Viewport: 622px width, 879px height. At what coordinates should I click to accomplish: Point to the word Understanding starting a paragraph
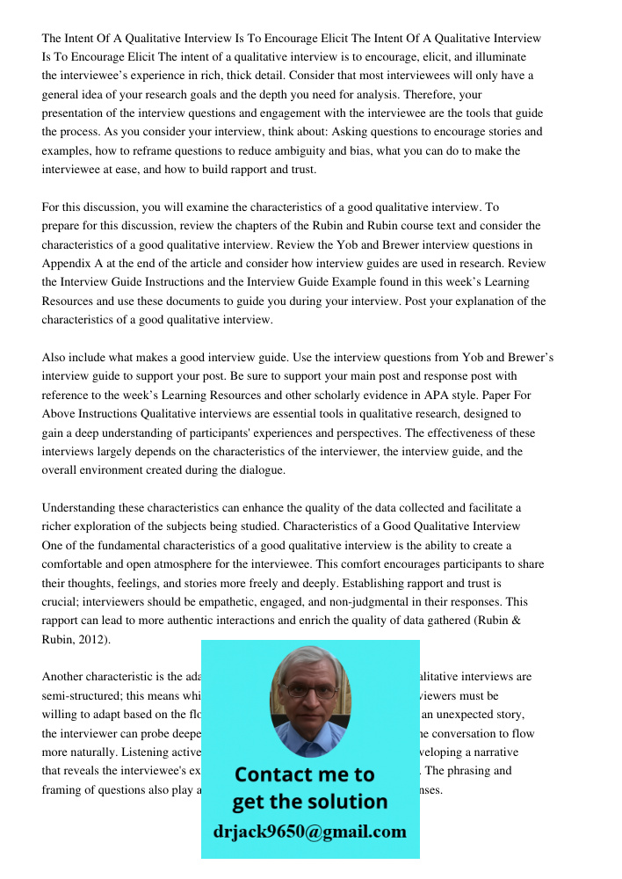[79, 508]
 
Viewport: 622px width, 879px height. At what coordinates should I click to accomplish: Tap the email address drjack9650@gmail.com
[309, 832]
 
